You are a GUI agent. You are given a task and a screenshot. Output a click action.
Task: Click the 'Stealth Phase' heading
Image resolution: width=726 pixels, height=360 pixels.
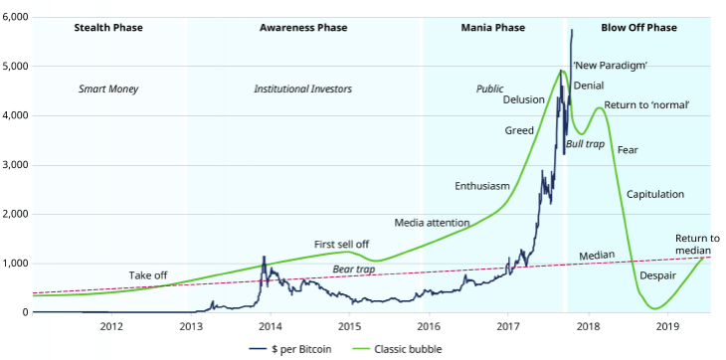click(108, 28)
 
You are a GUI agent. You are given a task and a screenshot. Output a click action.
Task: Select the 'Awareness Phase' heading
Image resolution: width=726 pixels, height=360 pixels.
click(303, 28)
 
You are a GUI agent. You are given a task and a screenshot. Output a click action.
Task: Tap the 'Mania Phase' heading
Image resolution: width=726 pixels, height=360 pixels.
click(494, 28)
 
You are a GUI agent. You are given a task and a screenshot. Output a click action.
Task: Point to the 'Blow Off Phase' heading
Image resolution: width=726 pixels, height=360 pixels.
click(639, 28)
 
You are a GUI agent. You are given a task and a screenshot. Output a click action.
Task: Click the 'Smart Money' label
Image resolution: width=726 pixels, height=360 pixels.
click(108, 90)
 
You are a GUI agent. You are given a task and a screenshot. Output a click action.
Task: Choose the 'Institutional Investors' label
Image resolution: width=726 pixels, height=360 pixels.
click(302, 90)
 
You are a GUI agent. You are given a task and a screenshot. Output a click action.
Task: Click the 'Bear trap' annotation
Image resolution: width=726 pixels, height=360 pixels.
click(355, 270)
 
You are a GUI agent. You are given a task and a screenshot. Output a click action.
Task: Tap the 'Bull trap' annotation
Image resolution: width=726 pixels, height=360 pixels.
click(585, 145)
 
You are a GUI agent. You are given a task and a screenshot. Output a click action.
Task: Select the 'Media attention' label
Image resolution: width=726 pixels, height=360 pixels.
click(433, 222)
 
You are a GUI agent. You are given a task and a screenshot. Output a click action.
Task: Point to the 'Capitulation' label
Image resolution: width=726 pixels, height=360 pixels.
click(655, 195)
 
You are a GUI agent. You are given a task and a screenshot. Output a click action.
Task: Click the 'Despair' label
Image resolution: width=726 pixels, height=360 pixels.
click(657, 275)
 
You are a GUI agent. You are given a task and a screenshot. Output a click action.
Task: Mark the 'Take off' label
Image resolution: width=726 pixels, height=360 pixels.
click(148, 274)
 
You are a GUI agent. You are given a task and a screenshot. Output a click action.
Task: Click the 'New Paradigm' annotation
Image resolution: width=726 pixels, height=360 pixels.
click(611, 66)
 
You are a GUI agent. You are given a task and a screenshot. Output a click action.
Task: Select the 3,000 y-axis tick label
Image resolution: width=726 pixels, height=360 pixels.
click(16, 165)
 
